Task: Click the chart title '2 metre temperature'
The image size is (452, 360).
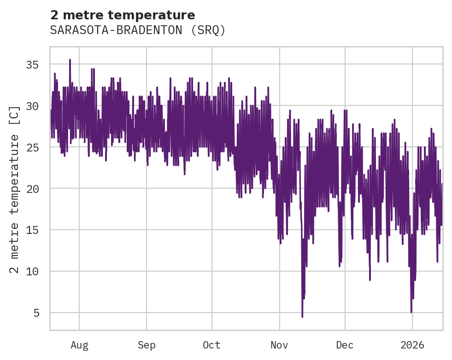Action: point(123,15)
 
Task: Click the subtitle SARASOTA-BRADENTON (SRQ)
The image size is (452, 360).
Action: point(138,30)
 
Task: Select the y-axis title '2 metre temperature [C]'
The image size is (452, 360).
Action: point(15,189)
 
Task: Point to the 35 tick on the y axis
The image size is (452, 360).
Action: point(32,64)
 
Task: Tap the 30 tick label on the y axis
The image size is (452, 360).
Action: point(32,106)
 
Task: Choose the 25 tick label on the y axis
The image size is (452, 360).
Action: point(32,147)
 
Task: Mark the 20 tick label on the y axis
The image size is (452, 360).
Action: point(32,189)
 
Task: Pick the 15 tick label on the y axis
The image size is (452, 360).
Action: point(32,230)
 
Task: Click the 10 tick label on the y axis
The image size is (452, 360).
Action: point(32,271)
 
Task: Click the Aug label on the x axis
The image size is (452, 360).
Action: point(79,345)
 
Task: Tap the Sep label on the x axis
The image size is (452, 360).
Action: point(147,345)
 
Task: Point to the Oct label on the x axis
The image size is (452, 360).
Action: point(212,345)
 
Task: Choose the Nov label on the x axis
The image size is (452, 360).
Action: point(279,345)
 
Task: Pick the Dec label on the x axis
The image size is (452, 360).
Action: point(345,345)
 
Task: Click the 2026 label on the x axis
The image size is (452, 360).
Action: point(412,345)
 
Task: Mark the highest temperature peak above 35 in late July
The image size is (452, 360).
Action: point(70,60)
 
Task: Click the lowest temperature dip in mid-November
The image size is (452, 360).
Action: point(302,316)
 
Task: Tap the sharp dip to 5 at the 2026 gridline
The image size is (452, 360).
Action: point(411,312)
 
